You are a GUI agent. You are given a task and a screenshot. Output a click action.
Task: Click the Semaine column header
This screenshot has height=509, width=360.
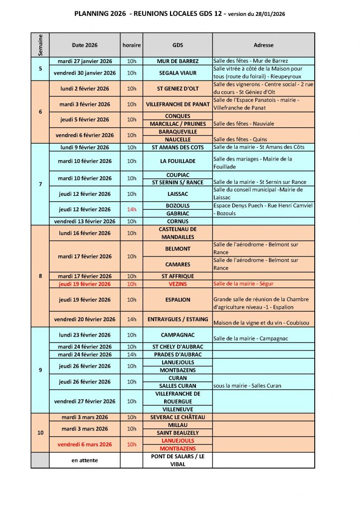coord(40,45)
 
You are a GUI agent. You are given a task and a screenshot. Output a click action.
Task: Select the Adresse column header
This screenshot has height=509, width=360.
coord(263,45)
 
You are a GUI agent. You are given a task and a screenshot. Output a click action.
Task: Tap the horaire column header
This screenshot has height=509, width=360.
coord(131,45)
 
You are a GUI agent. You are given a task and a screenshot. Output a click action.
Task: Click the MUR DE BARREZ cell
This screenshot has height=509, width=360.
coord(178,61)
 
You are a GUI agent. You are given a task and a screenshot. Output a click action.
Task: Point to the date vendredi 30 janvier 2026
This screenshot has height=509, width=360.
coord(85,73)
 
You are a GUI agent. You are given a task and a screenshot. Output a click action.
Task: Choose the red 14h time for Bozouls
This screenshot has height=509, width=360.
coord(131,209)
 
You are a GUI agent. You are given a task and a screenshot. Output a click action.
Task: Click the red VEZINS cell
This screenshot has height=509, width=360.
coord(178,284)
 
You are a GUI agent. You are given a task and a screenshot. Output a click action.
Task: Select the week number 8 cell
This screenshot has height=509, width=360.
coord(40,276)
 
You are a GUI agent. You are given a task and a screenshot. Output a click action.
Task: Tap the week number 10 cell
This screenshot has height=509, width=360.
coord(40,433)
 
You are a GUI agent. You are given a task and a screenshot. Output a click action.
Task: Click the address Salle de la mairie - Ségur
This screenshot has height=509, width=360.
coord(243,284)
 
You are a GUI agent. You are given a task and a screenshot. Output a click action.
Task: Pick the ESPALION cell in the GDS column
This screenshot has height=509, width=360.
coord(178,300)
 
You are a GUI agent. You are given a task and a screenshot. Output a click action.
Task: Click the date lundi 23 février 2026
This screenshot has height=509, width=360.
coord(85,335)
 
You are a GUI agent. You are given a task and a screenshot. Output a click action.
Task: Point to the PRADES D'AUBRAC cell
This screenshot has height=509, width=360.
coord(178,354)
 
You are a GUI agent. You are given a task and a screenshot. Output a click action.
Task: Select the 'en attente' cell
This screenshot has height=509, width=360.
coord(85,460)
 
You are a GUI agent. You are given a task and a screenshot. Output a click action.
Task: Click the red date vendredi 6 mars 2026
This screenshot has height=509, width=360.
coord(85,444)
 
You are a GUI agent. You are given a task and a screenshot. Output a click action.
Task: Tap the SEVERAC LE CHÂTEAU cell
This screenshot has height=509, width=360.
coord(178,417)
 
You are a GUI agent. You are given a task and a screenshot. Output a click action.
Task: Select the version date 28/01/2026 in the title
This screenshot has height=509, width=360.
coord(269,15)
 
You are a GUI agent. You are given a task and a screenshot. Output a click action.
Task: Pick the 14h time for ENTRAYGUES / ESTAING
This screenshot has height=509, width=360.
coord(131,319)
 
